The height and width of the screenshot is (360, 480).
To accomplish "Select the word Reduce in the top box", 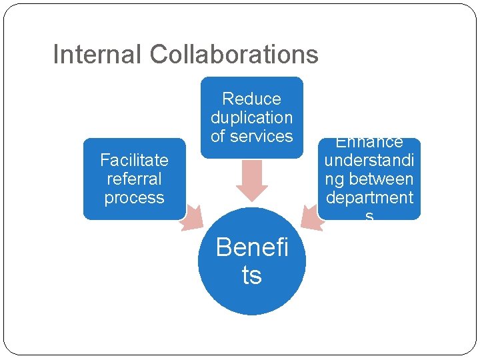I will tap(251, 99).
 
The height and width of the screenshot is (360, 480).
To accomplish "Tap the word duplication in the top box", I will tap(251, 118).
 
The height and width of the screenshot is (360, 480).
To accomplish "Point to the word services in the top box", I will tap(261, 137).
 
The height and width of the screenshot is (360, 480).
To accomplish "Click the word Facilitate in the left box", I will tap(134, 160).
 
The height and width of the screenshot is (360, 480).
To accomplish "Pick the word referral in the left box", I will tap(134, 179).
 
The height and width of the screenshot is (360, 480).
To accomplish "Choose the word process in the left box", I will tap(134, 198).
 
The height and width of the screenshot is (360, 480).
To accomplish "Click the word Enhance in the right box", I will tap(369, 143).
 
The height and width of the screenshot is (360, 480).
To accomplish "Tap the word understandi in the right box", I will tap(369, 161).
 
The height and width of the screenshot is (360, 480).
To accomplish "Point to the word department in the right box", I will tap(369, 198).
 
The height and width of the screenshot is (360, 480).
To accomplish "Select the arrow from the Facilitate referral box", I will tap(191, 217).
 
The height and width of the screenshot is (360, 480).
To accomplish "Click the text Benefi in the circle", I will tap(251, 248).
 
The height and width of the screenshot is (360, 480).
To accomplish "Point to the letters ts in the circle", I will tap(251, 275).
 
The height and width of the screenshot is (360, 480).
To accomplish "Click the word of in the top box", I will tap(218, 137).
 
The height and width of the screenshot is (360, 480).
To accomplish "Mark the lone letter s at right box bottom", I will tap(369, 215).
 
